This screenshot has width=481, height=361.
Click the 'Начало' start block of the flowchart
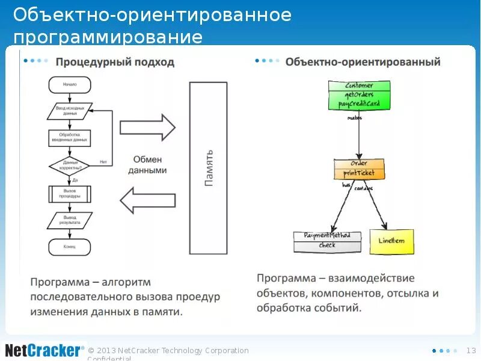(x=70, y=85)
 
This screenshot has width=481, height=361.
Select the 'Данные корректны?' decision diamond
(x=70, y=165)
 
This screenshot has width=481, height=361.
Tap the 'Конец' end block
(x=70, y=247)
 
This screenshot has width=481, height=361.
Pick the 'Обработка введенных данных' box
(x=70, y=138)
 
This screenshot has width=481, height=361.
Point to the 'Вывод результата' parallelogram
(x=70, y=220)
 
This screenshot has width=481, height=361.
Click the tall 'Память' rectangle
(x=209, y=168)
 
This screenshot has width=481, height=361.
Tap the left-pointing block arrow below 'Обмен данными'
(x=148, y=200)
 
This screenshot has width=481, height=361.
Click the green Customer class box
(x=359, y=95)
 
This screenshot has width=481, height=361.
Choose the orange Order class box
(x=359, y=168)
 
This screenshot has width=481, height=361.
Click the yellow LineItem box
(x=391, y=241)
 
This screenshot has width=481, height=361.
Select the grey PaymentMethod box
(x=327, y=241)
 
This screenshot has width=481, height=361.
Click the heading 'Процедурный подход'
(x=115, y=62)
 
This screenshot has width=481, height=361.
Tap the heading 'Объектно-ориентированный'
(x=363, y=62)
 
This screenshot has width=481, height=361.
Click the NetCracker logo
(x=43, y=350)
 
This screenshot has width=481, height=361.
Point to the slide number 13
(x=471, y=350)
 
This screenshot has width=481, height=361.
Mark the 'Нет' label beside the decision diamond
(x=103, y=161)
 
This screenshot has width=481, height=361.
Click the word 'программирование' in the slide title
(x=108, y=37)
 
